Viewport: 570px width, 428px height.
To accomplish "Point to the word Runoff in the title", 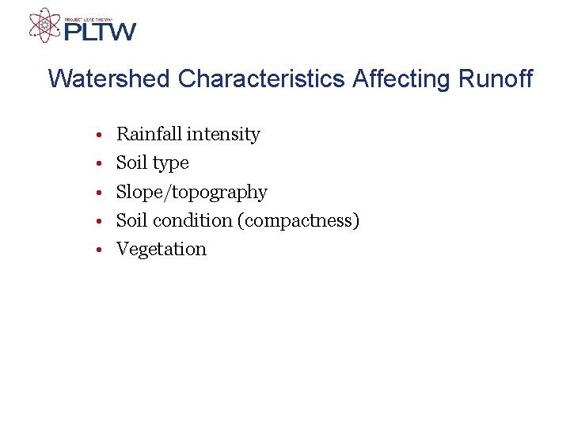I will click(496, 79).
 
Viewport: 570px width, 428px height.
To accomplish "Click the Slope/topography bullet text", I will click(192, 193).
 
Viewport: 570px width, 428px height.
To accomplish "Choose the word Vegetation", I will click(161, 249).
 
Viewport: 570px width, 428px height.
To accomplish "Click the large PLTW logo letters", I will click(100, 32).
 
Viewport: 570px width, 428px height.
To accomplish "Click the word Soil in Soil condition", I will click(132, 220).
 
